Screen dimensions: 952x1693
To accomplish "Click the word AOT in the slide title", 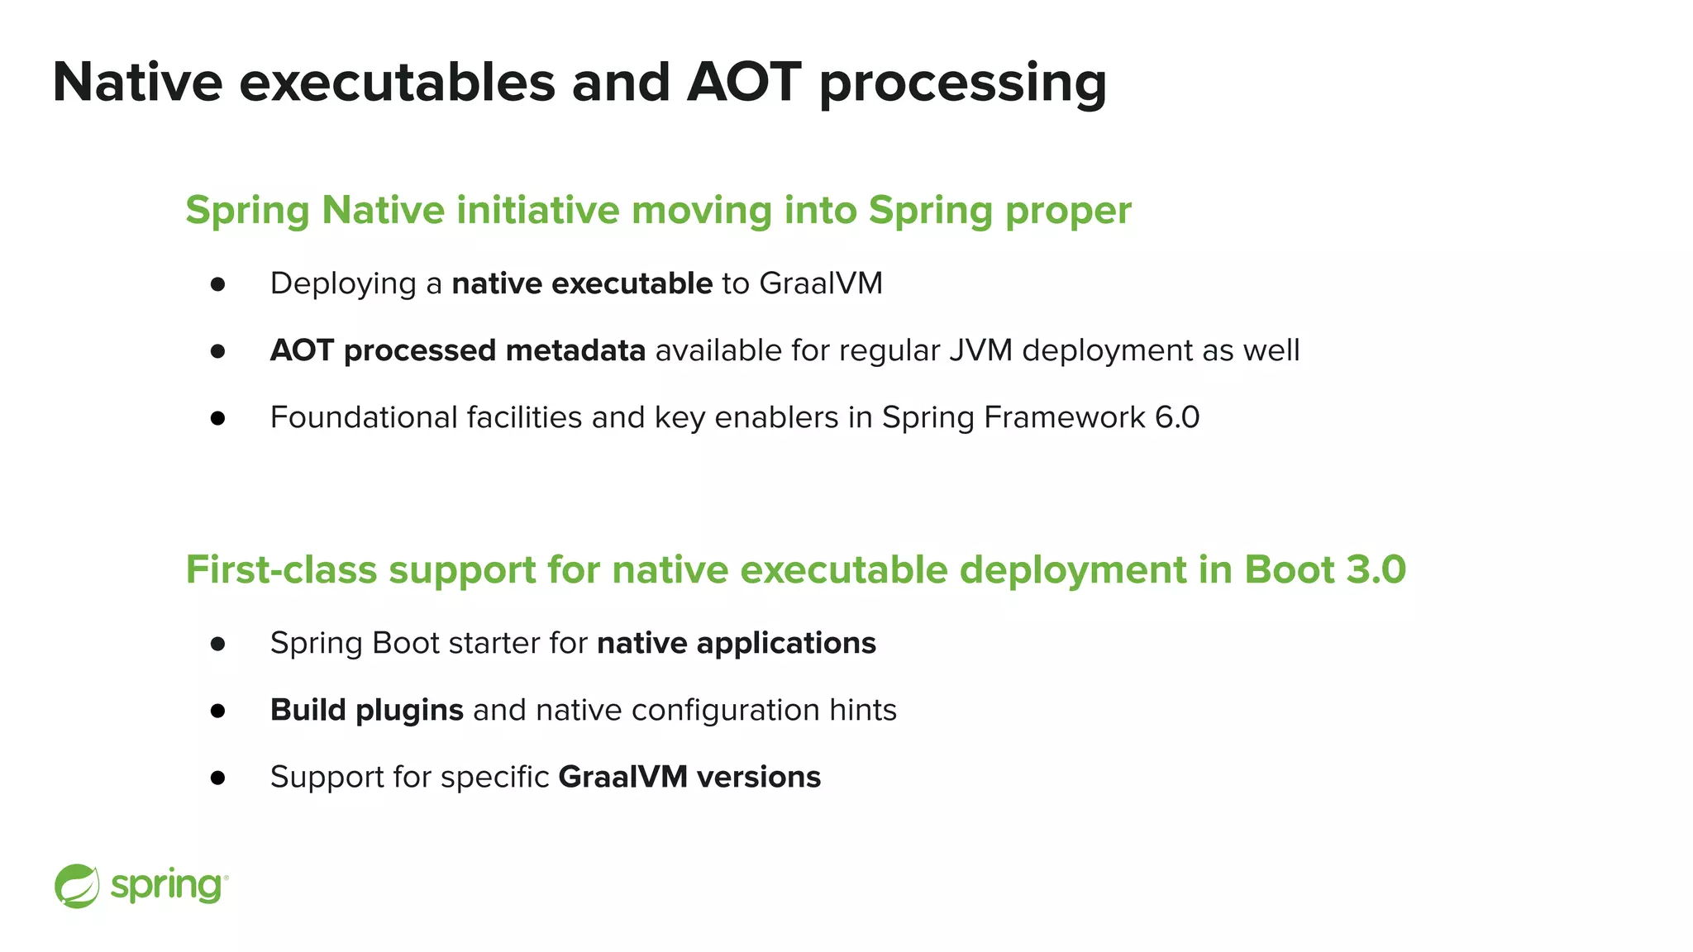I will click(743, 82).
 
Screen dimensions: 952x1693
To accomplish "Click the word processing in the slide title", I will click(962, 84).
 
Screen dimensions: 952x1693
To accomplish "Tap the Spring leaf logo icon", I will click(77, 886).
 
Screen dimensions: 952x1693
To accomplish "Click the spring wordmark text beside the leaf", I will click(167, 886).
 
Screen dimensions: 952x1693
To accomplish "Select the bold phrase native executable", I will click(582, 283).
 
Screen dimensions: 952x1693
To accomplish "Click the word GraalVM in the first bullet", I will click(820, 283).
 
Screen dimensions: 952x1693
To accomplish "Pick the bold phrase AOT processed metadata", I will click(457, 350).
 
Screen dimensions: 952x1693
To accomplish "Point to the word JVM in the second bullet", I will click(980, 350).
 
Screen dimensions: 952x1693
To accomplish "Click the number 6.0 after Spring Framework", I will click(1176, 417).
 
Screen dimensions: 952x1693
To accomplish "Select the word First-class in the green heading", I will click(280, 569).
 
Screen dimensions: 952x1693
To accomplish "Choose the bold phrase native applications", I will click(736, 643).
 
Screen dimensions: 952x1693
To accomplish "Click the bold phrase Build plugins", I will click(366, 710).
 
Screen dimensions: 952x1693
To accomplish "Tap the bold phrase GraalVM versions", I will click(689, 777).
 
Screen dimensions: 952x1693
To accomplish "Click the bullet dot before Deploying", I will click(217, 284).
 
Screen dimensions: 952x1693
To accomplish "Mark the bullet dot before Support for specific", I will click(217, 778).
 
